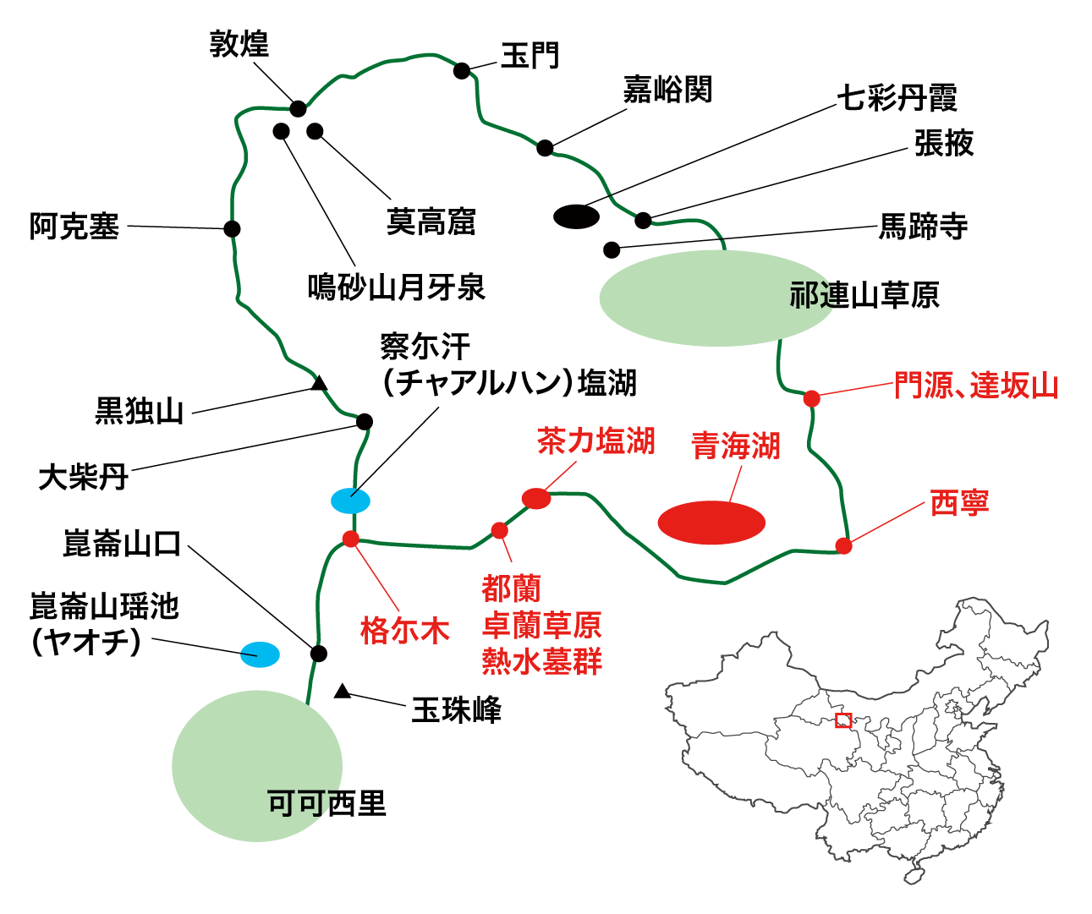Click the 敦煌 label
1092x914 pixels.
(239, 44)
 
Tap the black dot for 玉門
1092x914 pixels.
(462, 70)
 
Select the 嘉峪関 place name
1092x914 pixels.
(667, 89)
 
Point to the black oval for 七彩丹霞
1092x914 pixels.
(576, 216)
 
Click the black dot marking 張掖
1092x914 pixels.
(643, 221)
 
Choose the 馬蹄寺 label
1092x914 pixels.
(923, 226)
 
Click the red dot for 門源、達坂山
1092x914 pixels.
(811, 398)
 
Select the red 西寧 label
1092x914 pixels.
(959, 502)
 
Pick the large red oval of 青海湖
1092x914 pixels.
(711, 523)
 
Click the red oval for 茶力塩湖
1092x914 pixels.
(536, 499)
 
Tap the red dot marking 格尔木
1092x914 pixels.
(351, 539)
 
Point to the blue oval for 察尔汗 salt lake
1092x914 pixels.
(350, 501)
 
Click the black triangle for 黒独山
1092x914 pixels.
(319, 385)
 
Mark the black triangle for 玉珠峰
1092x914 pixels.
(342, 692)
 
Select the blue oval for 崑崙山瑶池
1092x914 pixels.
(260, 654)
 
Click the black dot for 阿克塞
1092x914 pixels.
(232, 228)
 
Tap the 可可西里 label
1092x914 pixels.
(327, 802)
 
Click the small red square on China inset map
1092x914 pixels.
(842, 720)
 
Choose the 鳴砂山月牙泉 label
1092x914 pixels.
(396, 287)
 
